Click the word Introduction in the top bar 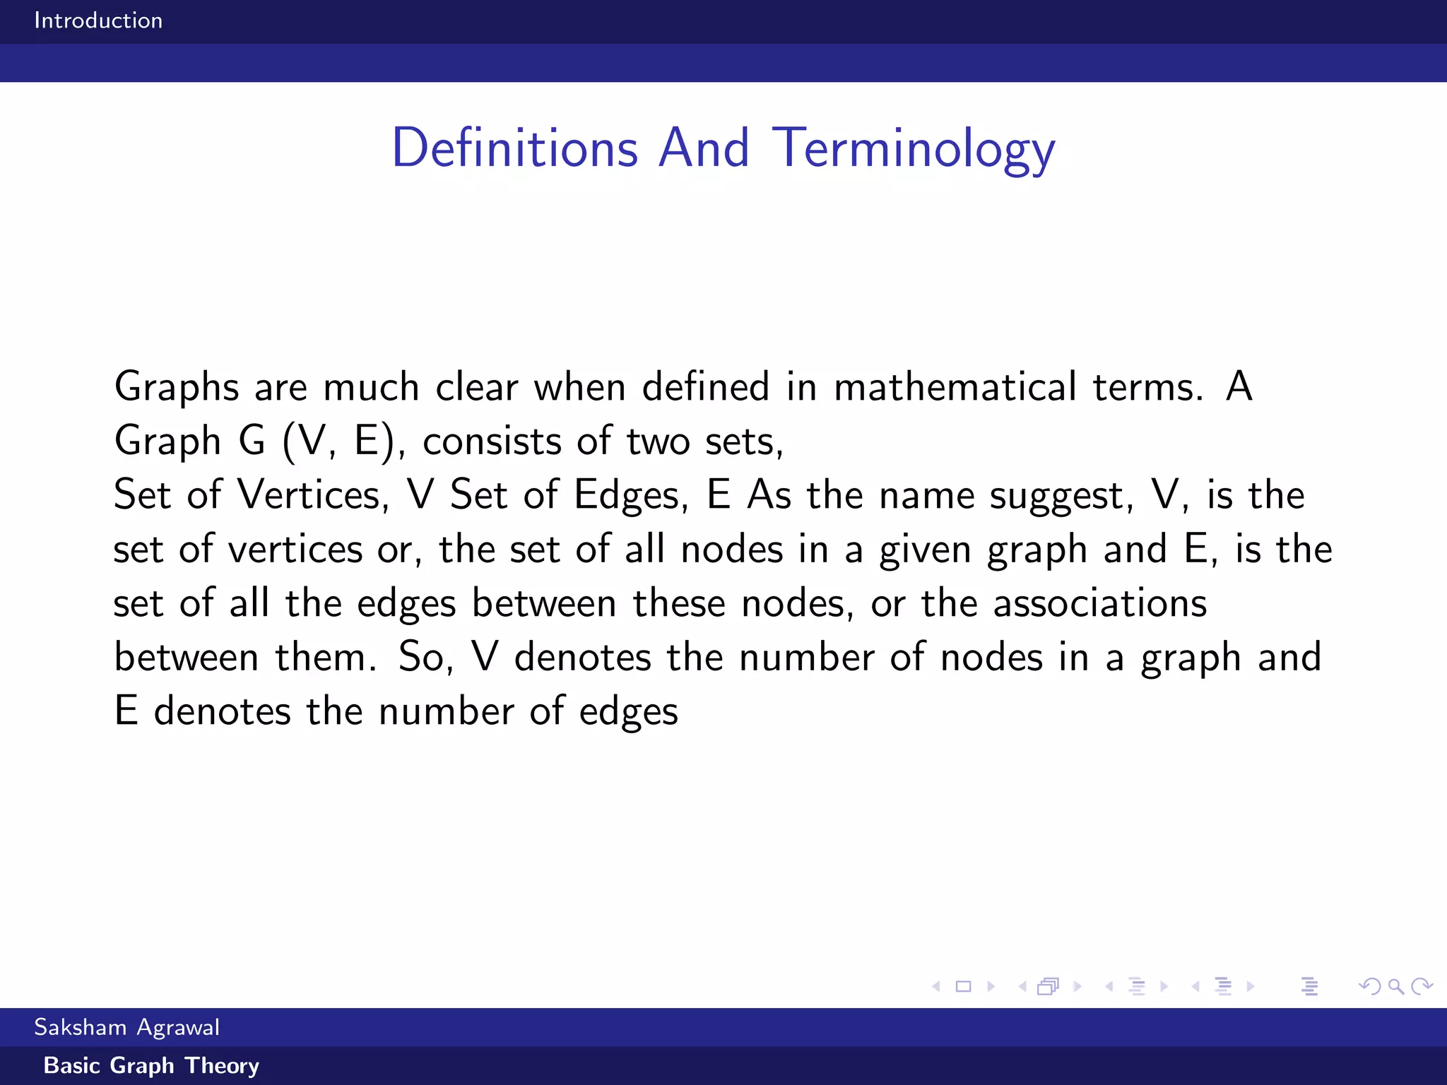[x=98, y=20]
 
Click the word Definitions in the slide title [x=515, y=148]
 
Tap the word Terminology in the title [x=913, y=148]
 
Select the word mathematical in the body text [x=955, y=387]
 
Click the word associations [x=1100, y=604]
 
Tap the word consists [x=492, y=441]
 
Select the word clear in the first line [x=477, y=387]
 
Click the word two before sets [x=658, y=441]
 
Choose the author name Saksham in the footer [x=81, y=1027]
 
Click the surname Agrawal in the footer [x=178, y=1028]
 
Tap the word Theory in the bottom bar [x=222, y=1065]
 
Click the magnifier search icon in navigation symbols [x=1395, y=986]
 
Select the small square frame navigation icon [x=963, y=986]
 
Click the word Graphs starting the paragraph [x=177, y=387]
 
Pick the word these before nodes [x=679, y=604]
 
